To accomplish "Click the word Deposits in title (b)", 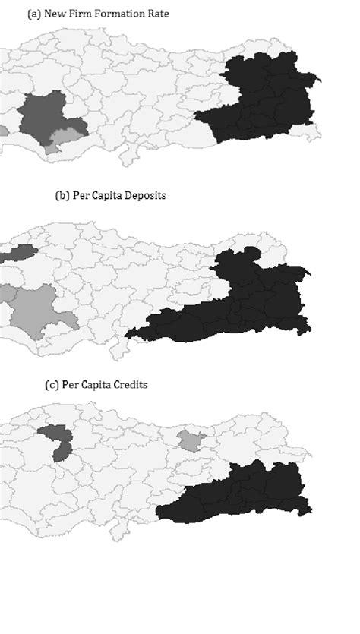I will click(144, 195).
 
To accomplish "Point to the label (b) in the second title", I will click(62, 195).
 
